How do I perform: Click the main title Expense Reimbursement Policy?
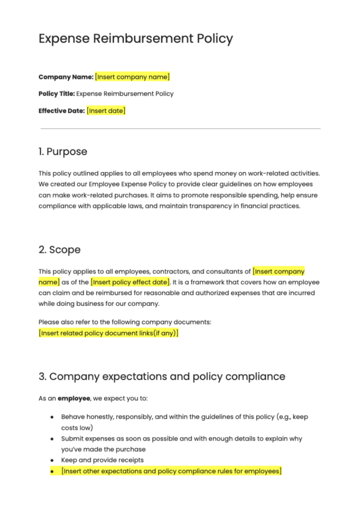[x=136, y=38]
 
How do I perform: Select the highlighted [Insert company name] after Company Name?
[x=133, y=77]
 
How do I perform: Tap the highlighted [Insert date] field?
[x=106, y=111]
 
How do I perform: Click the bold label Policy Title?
[x=56, y=94]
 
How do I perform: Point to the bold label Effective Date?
[x=61, y=111]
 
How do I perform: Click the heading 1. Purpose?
[x=63, y=151]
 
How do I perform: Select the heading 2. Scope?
[x=59, y=250]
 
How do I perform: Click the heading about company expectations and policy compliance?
[x=162, y=376]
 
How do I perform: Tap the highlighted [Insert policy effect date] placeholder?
[x=130, y=282]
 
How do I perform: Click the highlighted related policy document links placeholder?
[x=108, y=333]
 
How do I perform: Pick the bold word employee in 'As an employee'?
[x=73, y=398]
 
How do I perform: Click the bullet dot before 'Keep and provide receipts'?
[x=52, y=461]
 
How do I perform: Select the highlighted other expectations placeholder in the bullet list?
[x=171, y=471]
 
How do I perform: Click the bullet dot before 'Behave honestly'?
[x=52, y=417]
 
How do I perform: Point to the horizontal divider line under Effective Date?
[x=180, y=129]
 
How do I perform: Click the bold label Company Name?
[x=66, y=77]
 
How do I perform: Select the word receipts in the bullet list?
[x=129, y=460]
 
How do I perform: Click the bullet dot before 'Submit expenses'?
[x=52, y=439]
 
